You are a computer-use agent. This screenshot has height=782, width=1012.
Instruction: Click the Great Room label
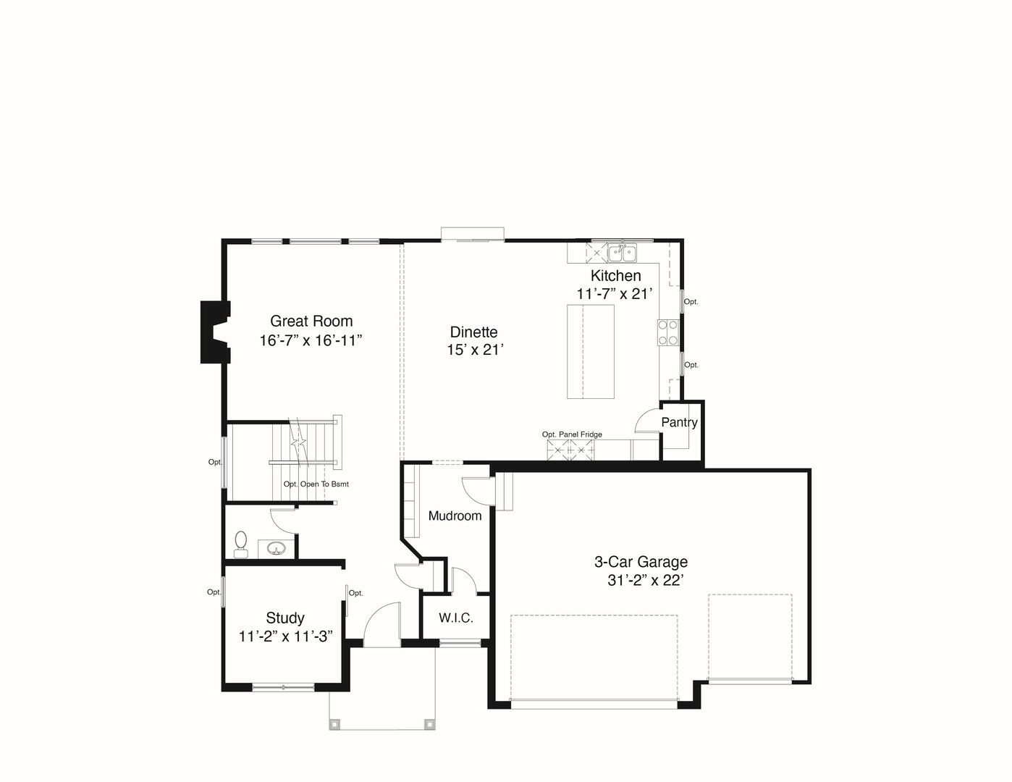click(x=311, y=321)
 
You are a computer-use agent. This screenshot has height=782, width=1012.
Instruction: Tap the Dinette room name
click(x=473, y=332)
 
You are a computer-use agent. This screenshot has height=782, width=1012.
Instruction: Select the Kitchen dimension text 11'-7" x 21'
click(x=615, y=294)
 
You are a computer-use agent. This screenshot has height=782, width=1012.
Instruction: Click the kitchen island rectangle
click(x=590, y=352)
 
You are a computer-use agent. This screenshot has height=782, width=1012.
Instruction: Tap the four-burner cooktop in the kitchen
click(x=668, y=332)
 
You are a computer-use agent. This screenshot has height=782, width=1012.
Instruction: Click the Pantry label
click(x=679, y=422)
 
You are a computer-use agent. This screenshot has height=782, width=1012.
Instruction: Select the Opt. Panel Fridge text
click(x=572, y=434)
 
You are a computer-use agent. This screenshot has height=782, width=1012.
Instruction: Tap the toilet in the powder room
click(x=240, y=545)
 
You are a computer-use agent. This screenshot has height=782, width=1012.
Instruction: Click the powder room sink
click(x=277, y=547)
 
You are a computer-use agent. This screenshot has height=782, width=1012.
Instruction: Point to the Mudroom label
click(x=455, y=516)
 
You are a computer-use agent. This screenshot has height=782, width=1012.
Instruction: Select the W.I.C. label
click(x=456, y=618)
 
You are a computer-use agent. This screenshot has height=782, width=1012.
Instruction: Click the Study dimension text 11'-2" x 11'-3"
click(x=285, y=636)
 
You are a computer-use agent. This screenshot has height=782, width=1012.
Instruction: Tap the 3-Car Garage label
click(x=641, y=562)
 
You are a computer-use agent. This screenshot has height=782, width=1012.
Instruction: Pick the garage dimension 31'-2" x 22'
click(x=645, y=580)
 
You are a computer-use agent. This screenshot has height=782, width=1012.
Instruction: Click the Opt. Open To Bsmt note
click(x=316, y=484)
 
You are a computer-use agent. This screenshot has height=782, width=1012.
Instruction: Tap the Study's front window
click(x=283, y=687)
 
